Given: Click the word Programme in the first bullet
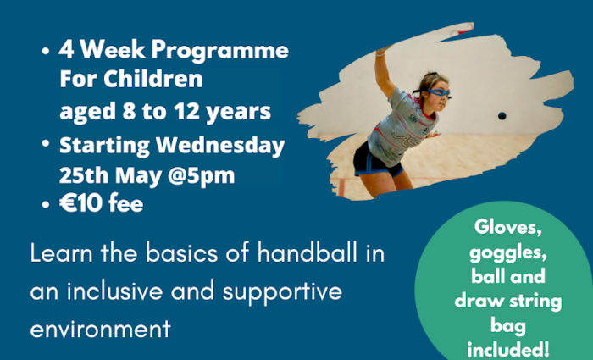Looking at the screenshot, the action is pos(220,51).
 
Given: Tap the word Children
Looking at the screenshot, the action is pos(152,79).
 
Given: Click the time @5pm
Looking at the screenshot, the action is pos(201,176).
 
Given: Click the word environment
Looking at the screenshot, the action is pos(100,329).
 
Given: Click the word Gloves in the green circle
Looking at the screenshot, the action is pos(507,228).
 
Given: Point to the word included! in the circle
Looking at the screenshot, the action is pos(508,349).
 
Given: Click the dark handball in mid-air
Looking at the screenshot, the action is pos(502,116).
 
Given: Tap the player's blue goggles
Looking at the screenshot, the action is pos(439,92).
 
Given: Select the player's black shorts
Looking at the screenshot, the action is pos(376,161).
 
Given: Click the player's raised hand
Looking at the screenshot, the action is pos(383,49).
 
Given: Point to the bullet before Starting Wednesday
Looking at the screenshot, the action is pos(46,144).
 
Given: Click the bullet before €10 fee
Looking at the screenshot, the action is pos(46,205).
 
